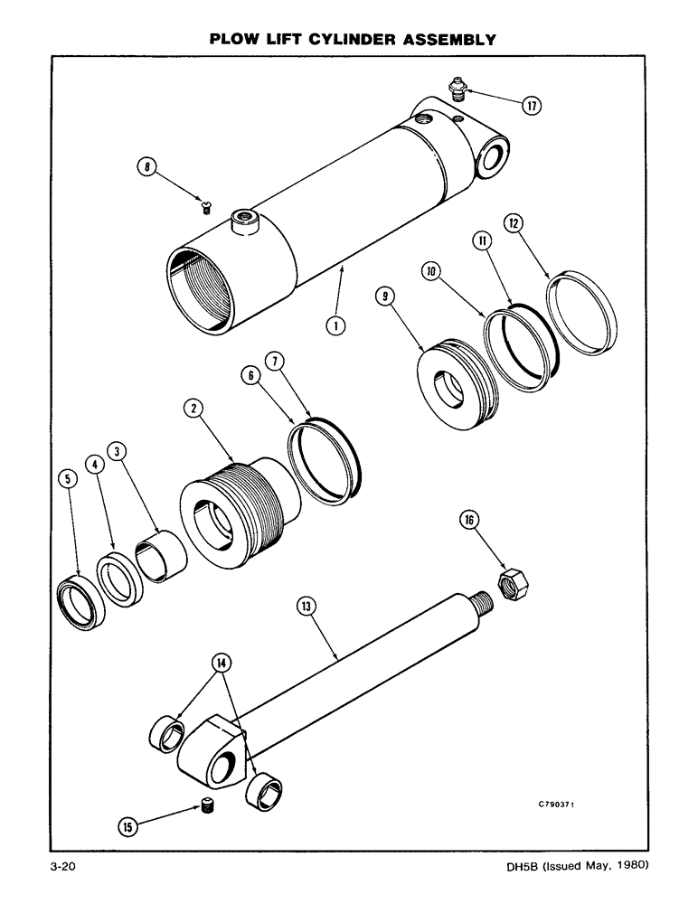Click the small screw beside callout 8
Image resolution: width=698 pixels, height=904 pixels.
[206, 209]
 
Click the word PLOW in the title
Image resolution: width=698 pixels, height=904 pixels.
[233, 40]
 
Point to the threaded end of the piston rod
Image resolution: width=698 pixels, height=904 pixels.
[481, 600]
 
